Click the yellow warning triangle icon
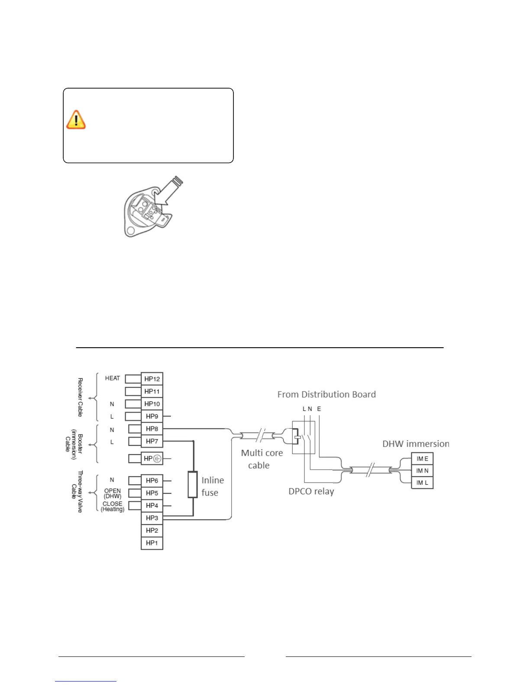(76, 120)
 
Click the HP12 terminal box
(152, 379)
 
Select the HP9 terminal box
(152, 416)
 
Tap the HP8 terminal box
(152, 429)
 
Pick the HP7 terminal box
(152, 442)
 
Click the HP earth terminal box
(152, 458)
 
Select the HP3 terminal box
(152, 518)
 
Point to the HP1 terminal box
(152, 543)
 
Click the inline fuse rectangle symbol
(193, 484)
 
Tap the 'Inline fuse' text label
(213, 487)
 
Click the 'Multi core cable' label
(262, 459)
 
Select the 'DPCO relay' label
(311, 492)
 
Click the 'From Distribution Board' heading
(326, 394)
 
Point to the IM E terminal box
(422, 459)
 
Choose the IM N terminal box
(422, 471)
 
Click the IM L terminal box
(422, 483)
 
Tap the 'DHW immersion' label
(415, 444)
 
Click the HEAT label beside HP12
(113, 378)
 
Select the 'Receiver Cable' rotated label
(80, 397)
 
